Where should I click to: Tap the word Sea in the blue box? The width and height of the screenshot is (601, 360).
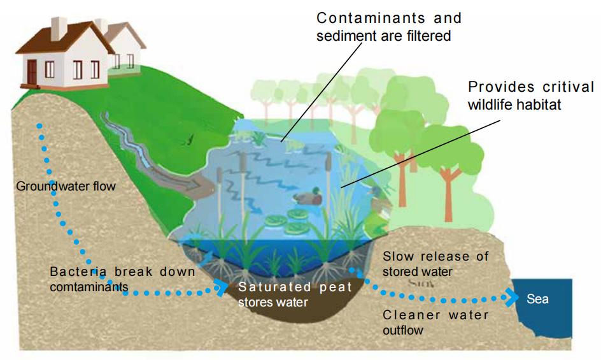pos(537,299)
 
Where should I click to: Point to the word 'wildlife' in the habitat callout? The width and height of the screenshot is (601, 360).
pos(491,104)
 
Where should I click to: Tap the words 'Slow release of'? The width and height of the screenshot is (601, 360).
pos(435,256)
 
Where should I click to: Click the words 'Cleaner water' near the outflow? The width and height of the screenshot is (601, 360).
pos(435,315)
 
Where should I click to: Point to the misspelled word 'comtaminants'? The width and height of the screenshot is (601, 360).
pos(89,287)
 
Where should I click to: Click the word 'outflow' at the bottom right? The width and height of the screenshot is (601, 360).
pos(403,330)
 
